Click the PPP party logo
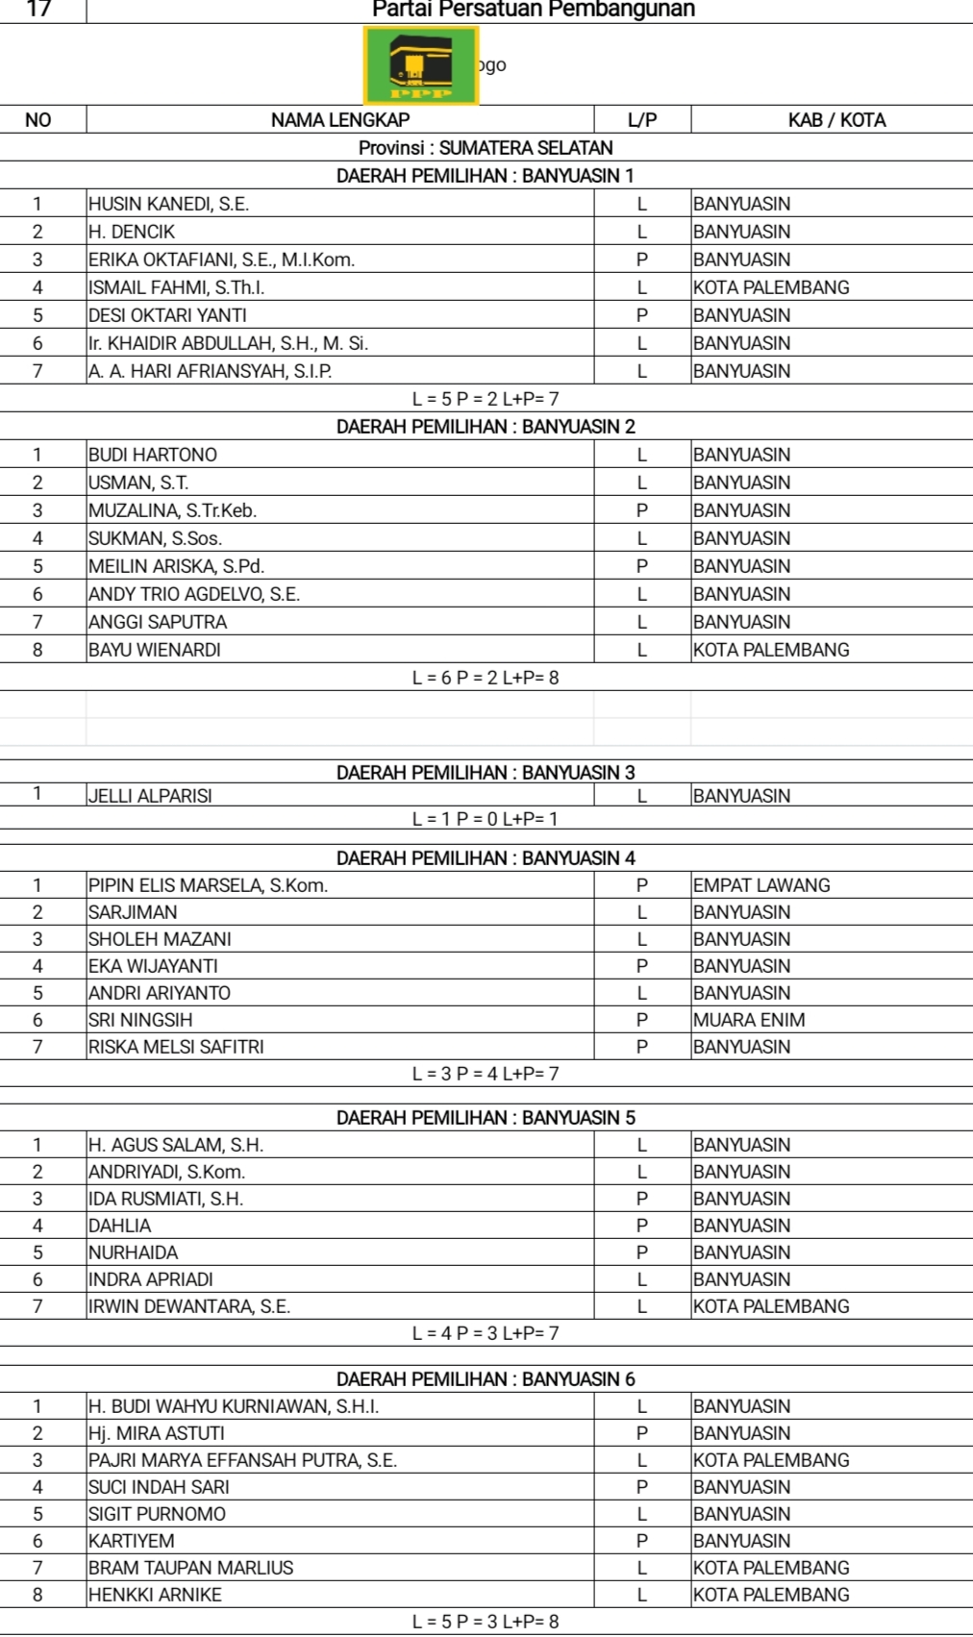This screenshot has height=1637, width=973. tap(421, 64)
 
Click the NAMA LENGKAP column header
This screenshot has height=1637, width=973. tap(339, 120)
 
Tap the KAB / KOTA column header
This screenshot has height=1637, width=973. tap(836, 120)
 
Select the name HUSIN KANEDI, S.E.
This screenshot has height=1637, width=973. tap(168, 204)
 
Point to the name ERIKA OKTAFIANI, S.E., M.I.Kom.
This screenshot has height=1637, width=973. tap(221, 260)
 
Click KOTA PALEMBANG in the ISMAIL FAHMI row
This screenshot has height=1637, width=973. tap(771, 287)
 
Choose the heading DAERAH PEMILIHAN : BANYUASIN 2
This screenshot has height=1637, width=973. tap(486, 427)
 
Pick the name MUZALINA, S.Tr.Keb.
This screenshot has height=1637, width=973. tap(172, 510)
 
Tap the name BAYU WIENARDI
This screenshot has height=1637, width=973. tap(155, 650)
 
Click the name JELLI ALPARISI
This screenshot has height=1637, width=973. tap(150, 796)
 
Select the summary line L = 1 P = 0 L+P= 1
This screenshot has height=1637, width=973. tap(486, 819)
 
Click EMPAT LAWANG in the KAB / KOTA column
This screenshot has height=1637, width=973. tap(761, 885)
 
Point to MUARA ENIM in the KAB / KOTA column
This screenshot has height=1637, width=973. tap(749, 1020)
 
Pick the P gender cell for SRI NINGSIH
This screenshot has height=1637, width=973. tap(642, 1020)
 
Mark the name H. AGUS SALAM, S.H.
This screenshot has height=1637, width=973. tap(176, 1145)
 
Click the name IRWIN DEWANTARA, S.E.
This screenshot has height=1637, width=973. tap(189, 1306)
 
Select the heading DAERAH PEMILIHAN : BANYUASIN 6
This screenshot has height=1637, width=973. tap(486, 1379)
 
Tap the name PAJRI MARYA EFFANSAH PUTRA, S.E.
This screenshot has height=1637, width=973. tap(242, 1460)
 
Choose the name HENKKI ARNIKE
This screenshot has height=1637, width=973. tap(155, 1595)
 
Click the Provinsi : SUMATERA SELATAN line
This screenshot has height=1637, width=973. tap(486, 148)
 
